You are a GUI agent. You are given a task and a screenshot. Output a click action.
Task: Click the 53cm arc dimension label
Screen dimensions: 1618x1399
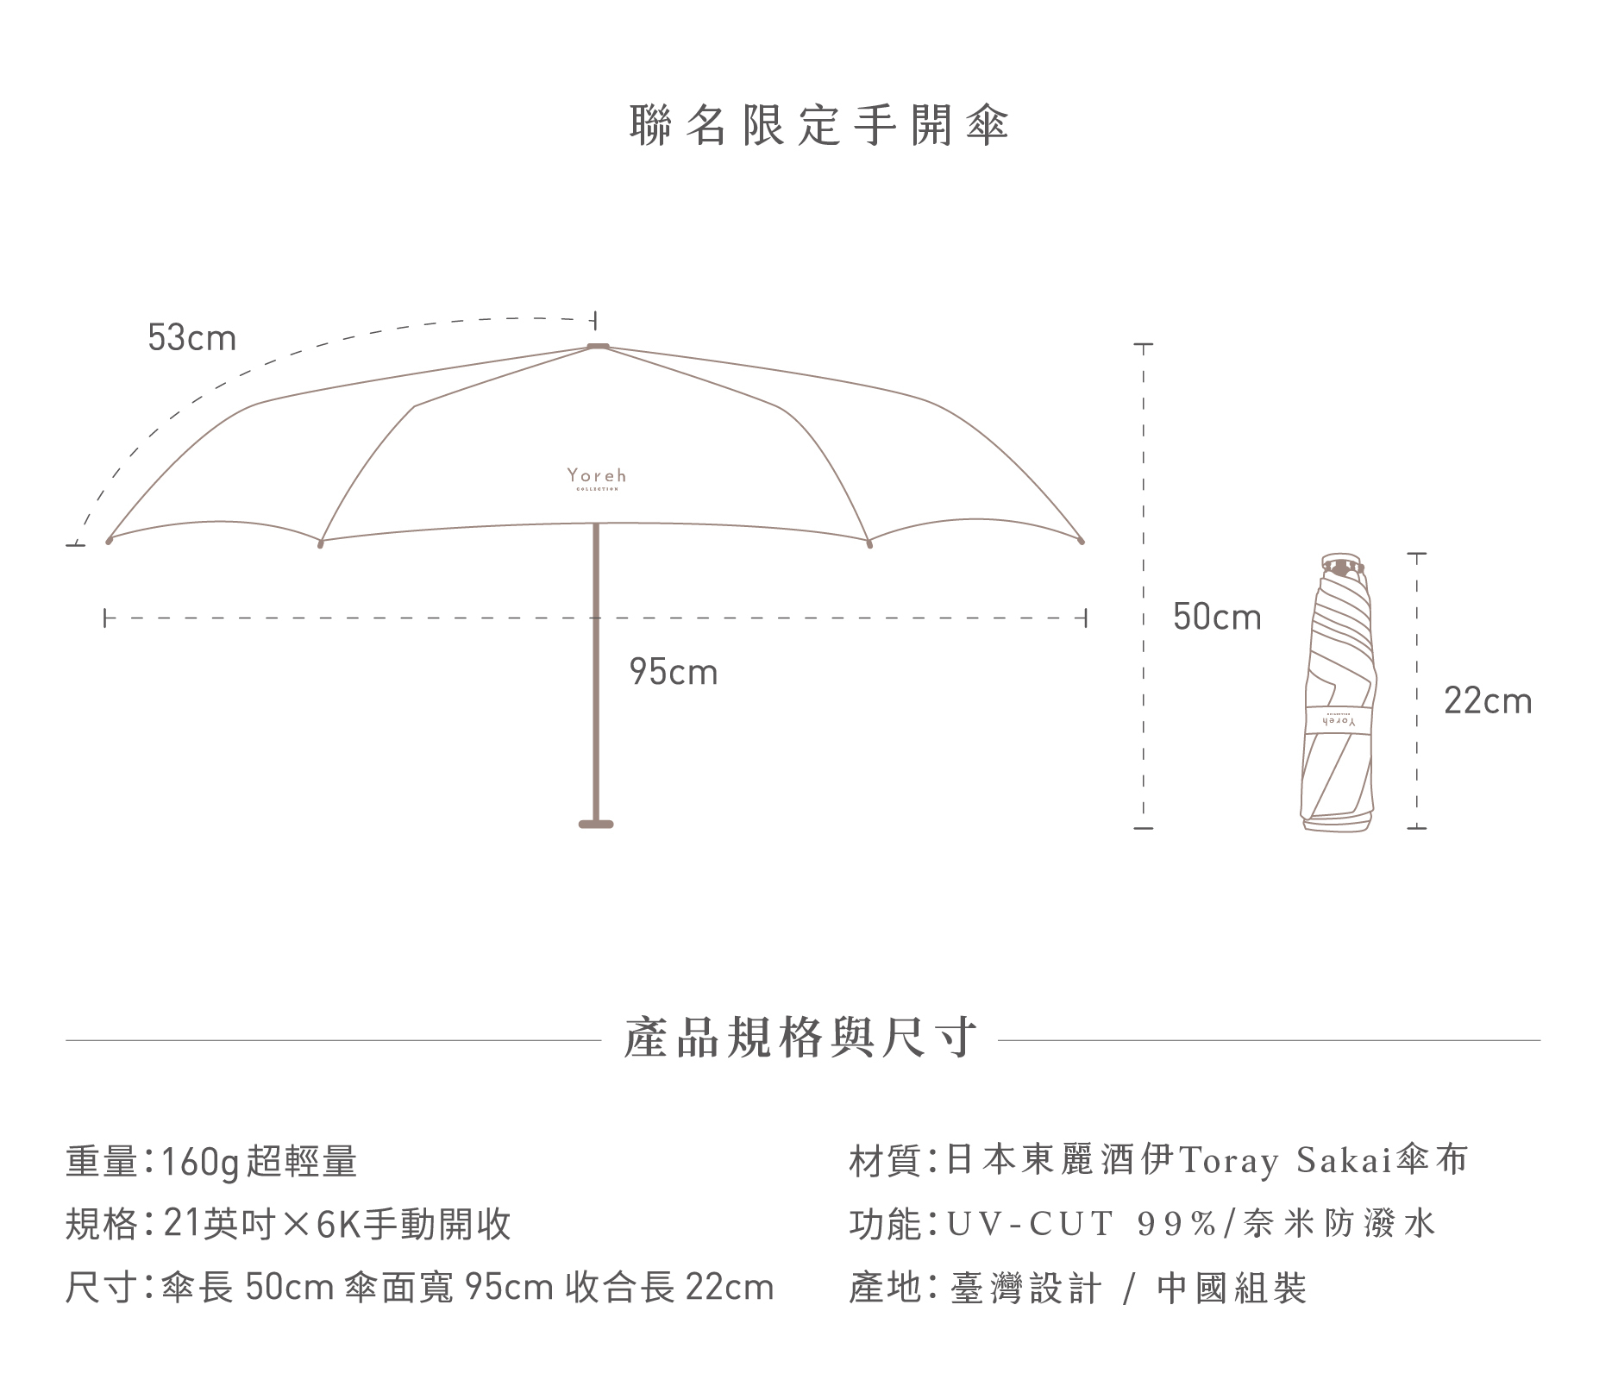pyautogui.click(x=191, y=338)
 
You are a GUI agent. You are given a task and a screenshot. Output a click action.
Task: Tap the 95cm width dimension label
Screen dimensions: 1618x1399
pyautogui.click(x=674, y=673)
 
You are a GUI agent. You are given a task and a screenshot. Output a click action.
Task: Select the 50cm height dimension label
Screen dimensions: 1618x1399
pyautogui.click(x=1217, y=618)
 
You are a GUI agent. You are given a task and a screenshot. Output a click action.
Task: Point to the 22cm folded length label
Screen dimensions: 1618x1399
pyautogui.click(x=1488, y=701)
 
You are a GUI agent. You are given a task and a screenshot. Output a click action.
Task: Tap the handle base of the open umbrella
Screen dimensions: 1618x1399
pyautogui.click(x=596, y=825)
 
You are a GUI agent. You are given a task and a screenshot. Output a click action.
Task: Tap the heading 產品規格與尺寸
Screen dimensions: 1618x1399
pyautogui.click(x=800, y=1038)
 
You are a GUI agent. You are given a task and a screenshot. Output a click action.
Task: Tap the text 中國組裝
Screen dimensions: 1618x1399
pyautogui.click(x=1232, y=1288)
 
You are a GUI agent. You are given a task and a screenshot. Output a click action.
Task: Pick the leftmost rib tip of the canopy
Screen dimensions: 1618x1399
pyautogui.click(x=110, y=541)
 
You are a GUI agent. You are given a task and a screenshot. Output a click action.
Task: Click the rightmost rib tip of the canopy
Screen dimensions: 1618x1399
pyautogui.click(x=1082, y=541)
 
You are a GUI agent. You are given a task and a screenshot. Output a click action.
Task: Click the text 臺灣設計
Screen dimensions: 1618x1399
pyautogui.click(x=1025, y=1288)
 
